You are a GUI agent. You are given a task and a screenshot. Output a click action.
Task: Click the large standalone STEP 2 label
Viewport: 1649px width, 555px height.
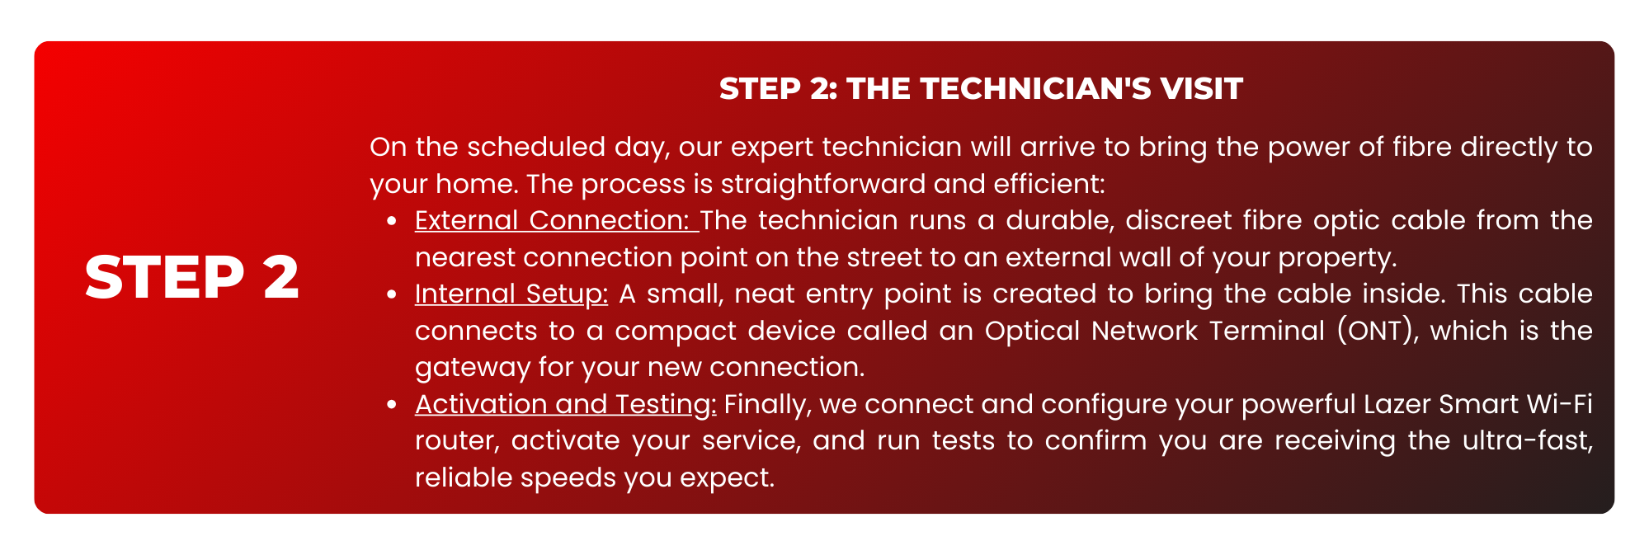191,277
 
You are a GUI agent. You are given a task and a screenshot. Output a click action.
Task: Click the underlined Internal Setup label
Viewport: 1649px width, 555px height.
511,294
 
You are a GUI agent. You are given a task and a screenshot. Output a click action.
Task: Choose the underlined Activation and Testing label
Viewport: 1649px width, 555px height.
566,405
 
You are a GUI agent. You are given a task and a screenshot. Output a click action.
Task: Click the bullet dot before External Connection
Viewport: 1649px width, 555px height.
393,221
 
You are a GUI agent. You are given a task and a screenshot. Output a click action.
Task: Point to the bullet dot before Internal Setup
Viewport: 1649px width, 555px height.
393,294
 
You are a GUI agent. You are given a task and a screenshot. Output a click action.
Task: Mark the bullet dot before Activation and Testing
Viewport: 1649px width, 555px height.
393,405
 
